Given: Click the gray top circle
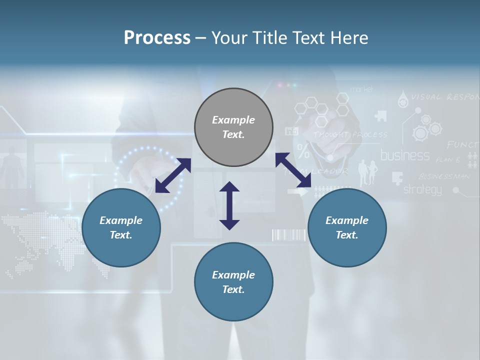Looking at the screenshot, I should [233, 127].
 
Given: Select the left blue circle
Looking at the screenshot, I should [121, 227].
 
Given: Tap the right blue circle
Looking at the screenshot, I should [347, 227].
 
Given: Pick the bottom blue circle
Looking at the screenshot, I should [233, 282].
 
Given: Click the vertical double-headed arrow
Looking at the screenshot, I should [229, 205].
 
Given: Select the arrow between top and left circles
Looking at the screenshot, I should [173, 175].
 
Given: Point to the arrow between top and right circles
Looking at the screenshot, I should [293, 170].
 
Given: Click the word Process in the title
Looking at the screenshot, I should [157, 37].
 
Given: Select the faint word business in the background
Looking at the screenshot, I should [405, 155].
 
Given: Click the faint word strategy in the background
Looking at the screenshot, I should [422, 189].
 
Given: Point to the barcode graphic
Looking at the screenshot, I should [288, 235].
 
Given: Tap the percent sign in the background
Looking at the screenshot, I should [303, 150].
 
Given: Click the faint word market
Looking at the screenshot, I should [361, 89].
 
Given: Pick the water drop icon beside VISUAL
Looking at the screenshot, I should [402, 99].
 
